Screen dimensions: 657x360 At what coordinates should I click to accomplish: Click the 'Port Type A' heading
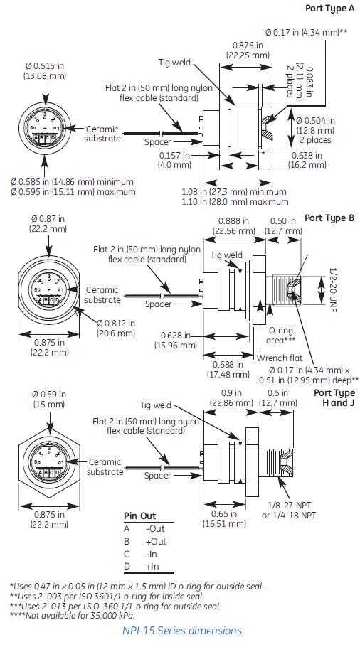click(329, 8)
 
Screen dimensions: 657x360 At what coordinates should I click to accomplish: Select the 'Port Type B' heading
click(329, 218)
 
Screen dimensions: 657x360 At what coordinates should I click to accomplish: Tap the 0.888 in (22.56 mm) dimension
click(234, 226)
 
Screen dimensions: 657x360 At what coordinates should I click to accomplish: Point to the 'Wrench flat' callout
click(277, 358)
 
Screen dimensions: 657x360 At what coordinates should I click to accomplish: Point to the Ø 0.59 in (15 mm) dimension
click(46, 399)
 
